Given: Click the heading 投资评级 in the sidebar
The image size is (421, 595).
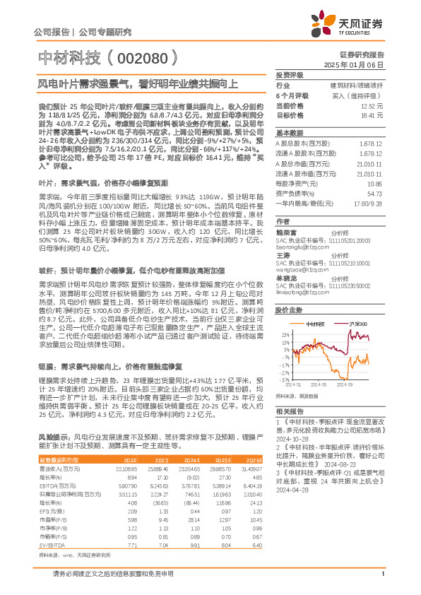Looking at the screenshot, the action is tap(289, 75).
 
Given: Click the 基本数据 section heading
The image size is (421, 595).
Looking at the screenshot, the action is tap(289, 133).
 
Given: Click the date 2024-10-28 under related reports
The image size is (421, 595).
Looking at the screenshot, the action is tap(291, 438).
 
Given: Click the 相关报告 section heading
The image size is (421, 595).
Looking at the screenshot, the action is tap(289, 410).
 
